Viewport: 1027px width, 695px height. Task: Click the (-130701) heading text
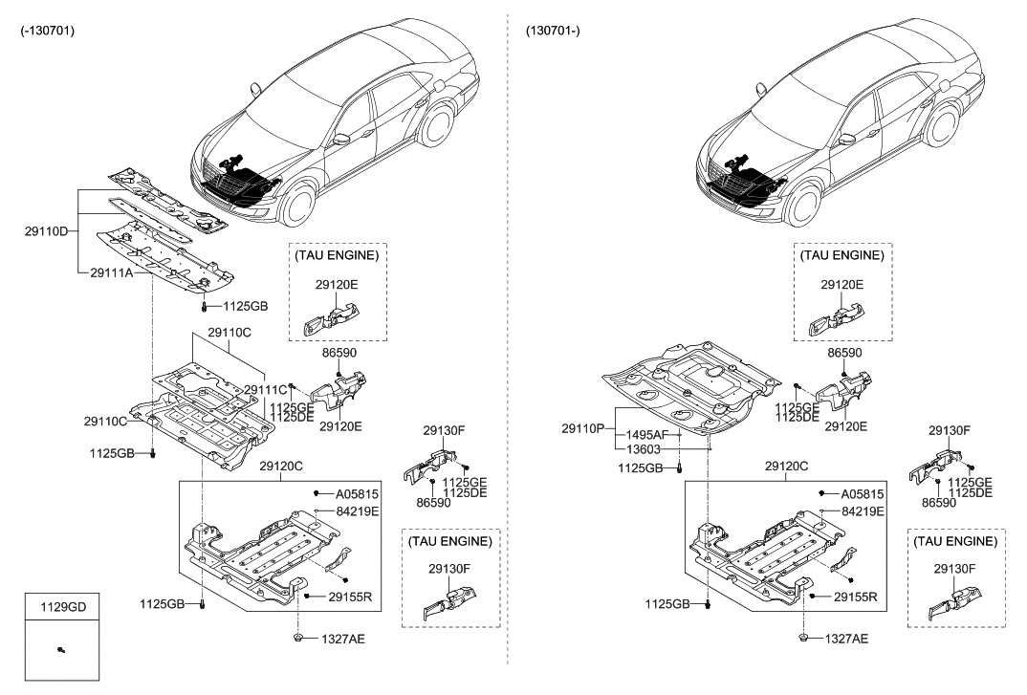pyautogui.click(x=47, y=31)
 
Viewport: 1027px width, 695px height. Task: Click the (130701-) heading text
pyautogui.click(x=553, y=31)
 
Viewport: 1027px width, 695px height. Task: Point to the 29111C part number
pyautogui.click(x=266, y=390)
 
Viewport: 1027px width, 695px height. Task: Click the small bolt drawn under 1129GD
pyautogui.click(x=61, y=650)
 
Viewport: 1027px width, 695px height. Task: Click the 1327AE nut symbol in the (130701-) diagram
pyautogui.click(x=802, y=638)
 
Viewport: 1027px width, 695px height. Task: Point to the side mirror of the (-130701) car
pyautogui.click(x=341, y=140)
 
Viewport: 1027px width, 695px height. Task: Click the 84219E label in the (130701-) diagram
pyautogui.click(x=862, y=511)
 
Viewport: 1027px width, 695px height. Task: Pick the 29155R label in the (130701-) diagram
pyautogui.click(x=854, y=596)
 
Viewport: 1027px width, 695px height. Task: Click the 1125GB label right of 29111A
pyautogui.click(x=245, y=307)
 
